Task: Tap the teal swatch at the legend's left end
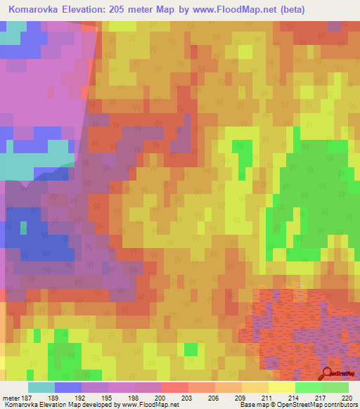point(41,387)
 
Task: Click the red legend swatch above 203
point(174,387)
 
